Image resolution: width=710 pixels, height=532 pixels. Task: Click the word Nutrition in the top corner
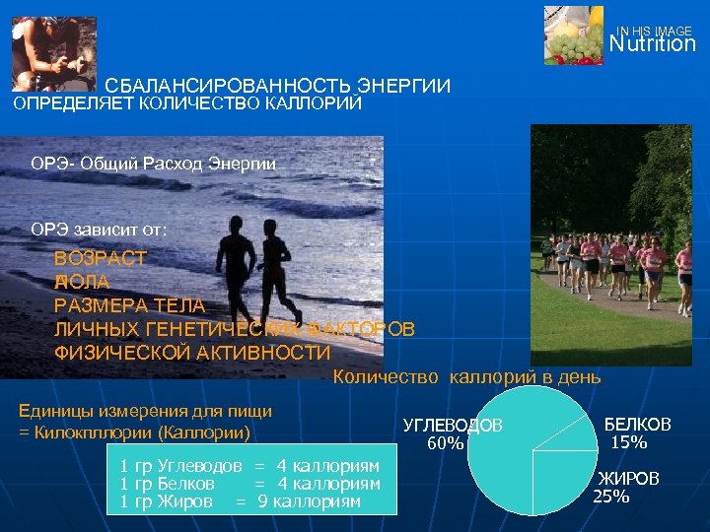coord(652,44)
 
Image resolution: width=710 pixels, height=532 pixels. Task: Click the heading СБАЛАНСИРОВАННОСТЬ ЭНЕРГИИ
coord(278,88)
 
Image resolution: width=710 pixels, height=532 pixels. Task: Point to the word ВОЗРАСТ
coord(101,259)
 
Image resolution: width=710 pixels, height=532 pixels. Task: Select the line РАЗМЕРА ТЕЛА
coord(129,305)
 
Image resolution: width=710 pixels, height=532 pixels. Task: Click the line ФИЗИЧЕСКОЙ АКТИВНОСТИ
coord(192,353)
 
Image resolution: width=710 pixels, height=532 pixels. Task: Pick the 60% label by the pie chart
coord(445,443)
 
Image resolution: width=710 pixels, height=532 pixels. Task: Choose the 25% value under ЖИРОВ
coord(611,497)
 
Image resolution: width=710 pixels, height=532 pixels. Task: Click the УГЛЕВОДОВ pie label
coord(454,425)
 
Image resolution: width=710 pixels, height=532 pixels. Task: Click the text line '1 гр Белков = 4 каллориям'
coord(249,484)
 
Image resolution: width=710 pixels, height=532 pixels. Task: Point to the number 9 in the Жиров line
coord(262,501)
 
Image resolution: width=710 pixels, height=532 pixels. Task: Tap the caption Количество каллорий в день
coord(466,376)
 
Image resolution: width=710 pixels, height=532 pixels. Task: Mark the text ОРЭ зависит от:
coord(99,229)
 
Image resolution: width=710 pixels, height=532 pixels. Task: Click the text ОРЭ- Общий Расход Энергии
coord(154,163)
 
